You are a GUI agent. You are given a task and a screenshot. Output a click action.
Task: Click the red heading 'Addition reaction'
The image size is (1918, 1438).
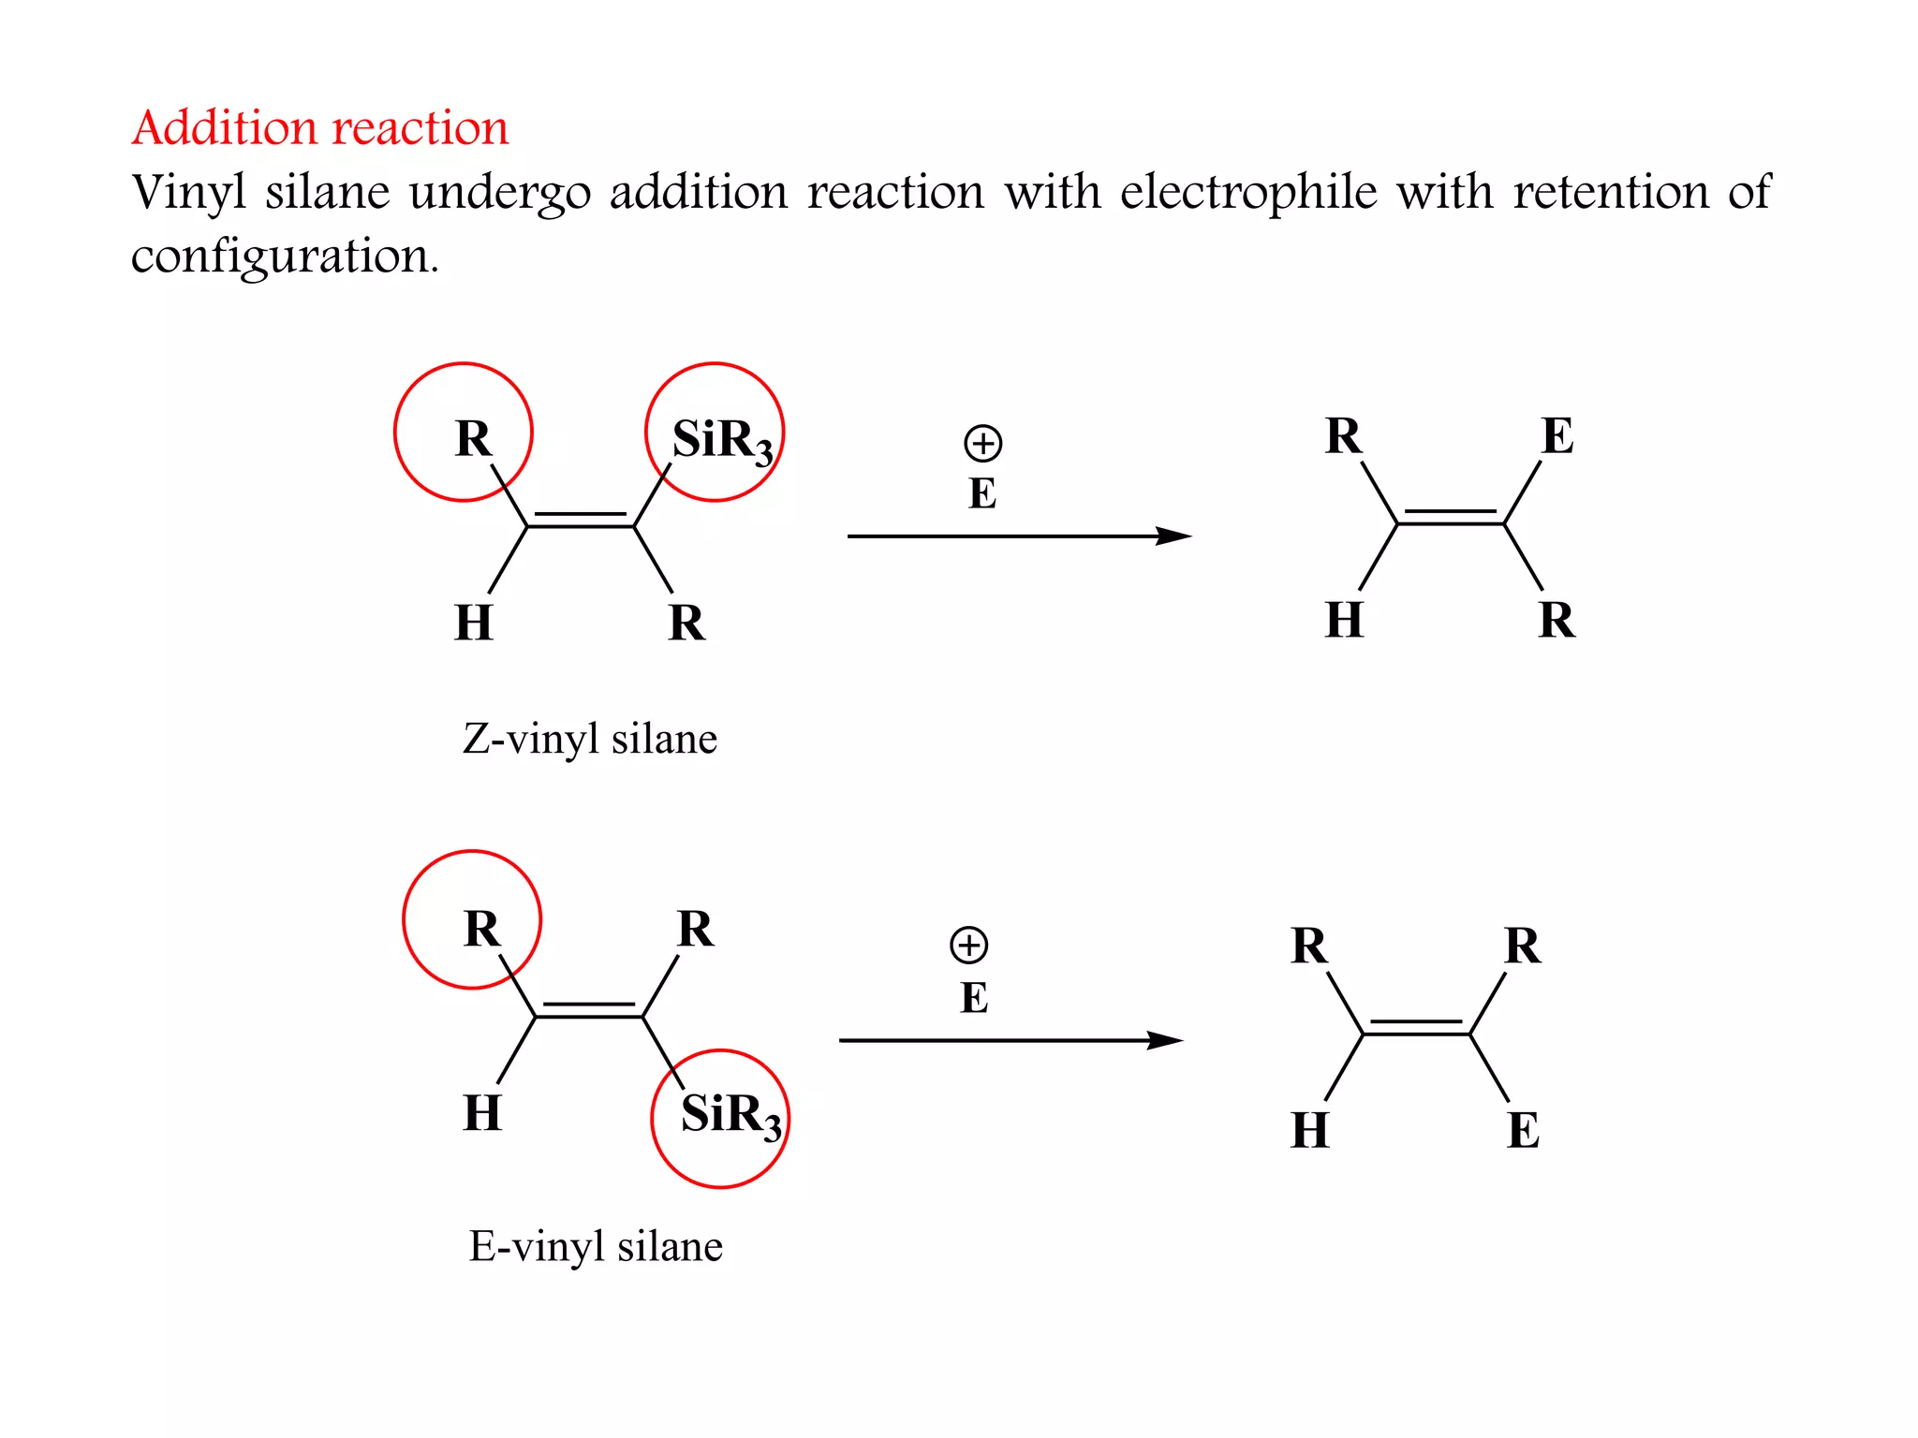click(x=320, y=127)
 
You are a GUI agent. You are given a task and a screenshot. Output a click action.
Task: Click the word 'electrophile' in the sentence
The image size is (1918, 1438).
click(x=1248, y=193)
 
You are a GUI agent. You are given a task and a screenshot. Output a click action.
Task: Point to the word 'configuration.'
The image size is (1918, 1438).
click(x=285, y=256)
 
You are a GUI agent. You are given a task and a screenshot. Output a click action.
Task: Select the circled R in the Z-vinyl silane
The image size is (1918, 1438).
click(x=472, y=437)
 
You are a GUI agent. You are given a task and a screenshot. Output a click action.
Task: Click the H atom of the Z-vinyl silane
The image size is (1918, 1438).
click(x=473, y=623)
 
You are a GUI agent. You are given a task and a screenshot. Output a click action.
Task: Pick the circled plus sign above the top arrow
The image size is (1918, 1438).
click(x=982, y=443)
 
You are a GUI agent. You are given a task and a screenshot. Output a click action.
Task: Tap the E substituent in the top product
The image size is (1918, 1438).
click(x=1557, y=435)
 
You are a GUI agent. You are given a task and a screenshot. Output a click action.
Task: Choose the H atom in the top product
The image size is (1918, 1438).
click(x=1344, y=620)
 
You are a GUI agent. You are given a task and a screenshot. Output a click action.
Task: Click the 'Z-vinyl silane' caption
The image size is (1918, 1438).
click(x=590, y=739)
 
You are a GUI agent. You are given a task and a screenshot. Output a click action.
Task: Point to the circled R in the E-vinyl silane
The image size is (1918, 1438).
click(x=481, y=929)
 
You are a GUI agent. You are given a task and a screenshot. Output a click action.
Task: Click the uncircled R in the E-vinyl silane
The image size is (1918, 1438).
click(x=695, y=929)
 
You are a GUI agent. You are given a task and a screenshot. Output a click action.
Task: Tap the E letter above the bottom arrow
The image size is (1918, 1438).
click(x=974, y=998)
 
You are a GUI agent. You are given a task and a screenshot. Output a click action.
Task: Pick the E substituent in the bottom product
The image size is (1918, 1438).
click(x=1524, y=1130)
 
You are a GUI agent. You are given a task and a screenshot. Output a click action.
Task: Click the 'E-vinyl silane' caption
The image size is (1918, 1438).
click(x=596, y=1246)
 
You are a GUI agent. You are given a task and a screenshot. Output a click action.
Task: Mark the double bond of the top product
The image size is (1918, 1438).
click(x=1451, y=518)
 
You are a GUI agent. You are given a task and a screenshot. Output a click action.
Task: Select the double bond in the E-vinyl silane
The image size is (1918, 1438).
click(x=588, y=1011)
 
